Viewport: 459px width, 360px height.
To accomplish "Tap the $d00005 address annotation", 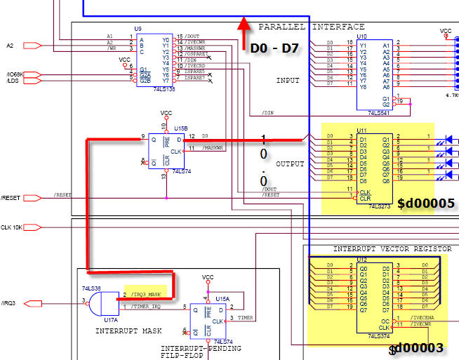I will (426, 204).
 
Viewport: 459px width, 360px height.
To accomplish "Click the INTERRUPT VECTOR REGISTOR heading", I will (382, 249).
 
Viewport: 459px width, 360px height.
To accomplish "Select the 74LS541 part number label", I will (380, 112).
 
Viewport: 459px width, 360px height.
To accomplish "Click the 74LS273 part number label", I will (380, 205).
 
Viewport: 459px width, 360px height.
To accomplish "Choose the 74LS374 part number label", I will (380, 335).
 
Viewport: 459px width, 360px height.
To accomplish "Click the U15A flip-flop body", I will (216, 318).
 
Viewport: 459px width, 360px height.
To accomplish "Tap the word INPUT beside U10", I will (287, 80).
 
